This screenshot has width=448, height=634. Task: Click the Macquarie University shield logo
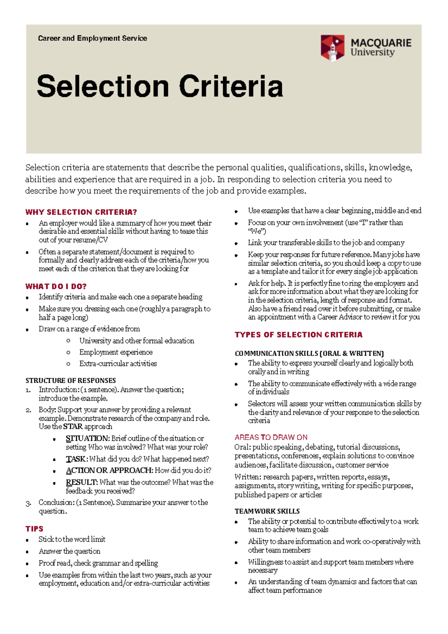pos(332,48)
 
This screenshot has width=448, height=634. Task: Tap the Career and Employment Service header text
pos(93,38)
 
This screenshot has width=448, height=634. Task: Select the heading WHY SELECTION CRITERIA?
pos(81,212)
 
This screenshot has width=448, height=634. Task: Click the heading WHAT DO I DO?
pos(56,286)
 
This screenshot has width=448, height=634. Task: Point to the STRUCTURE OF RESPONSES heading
pos(71,380)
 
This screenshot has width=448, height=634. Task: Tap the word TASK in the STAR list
pos(76,459)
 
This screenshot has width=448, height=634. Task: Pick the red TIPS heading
pos(34,529)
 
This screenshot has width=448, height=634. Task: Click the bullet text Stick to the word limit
pos(72,539)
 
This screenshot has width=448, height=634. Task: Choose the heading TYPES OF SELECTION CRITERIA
pos(298,335)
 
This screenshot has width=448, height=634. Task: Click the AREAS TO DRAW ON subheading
pos(271,437)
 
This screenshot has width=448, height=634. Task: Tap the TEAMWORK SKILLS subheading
pos(267,511)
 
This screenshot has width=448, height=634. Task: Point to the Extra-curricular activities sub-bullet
pos(118,363)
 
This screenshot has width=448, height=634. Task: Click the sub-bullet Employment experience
pos(116,352)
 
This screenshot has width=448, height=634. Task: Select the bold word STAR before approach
pos(73,426)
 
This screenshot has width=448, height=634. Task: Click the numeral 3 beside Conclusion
pos(28,503)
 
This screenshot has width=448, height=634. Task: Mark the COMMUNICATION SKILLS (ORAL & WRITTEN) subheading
pos(309,353)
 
